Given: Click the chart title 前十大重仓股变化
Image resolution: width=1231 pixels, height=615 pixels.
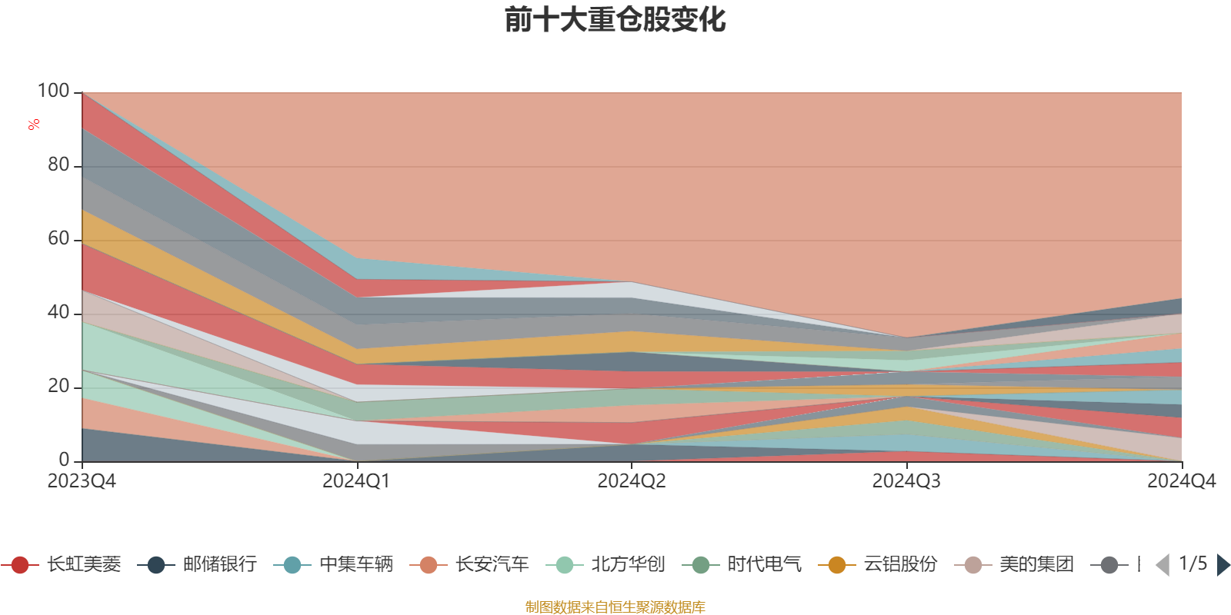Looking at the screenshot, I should (x=615, y=20).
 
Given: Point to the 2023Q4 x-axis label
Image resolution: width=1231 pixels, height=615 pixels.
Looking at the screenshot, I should (x=82, y=481).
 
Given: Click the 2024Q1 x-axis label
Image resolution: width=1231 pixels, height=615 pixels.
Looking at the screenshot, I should (x=356, y=481).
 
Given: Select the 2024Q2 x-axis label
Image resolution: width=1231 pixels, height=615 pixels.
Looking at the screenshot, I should (x=632, y=481).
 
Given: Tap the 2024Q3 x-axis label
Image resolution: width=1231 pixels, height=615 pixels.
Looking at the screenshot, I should (x=906, y=481).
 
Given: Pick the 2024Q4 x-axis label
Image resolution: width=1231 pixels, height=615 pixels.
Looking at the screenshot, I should (x=1181, y=481).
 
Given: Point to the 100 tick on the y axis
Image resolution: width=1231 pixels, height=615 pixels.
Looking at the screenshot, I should (x=54, y=91).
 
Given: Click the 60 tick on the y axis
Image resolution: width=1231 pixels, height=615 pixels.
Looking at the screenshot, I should (x=58, y=239).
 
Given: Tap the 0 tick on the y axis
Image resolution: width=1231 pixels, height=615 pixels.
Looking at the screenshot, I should (x=64, y=460).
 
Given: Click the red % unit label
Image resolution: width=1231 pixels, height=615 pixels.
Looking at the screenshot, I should (x=34, y=125).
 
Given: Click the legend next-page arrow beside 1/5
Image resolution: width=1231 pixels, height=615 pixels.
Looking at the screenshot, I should (x=1223, y=565).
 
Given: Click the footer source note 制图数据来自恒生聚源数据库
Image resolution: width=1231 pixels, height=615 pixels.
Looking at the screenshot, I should (x=615, y=607).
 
